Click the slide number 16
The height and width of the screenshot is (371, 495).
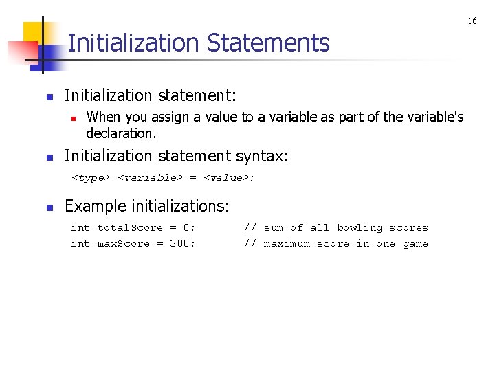point(472,21)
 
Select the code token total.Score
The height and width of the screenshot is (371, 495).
point(130,228)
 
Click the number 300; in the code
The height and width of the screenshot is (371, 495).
point(182,244)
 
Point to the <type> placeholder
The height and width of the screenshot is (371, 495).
point(91,178)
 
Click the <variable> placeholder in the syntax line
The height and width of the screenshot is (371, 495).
point(151,178)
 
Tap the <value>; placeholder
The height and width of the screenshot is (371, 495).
point(229,178)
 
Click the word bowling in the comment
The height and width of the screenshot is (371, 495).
point(359,228)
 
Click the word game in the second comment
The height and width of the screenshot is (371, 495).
point(415,244)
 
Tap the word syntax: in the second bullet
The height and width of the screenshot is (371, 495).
point(263,157)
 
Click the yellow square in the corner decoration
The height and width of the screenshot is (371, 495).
point(34,34)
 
